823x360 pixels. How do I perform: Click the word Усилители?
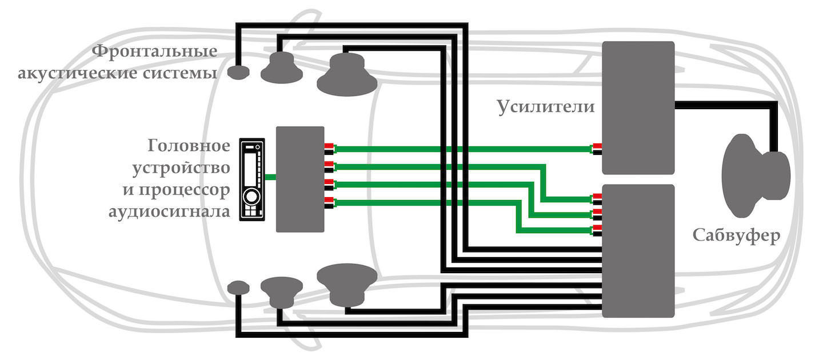click(545, 107)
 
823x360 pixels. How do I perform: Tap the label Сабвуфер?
click(737, 236)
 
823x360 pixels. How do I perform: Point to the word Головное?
click(189, 145)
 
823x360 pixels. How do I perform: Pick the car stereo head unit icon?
click(251, 179)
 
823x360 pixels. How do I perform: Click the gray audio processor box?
click(299, 179)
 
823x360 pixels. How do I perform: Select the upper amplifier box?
click(638, 107)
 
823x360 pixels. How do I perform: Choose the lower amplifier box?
click(638, 251)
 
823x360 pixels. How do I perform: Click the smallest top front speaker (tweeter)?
click(238, 72)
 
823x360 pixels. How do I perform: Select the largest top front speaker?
click(347, 75)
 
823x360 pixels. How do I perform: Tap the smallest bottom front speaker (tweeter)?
click(238, 287)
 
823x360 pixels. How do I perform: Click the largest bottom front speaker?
click(347, 283)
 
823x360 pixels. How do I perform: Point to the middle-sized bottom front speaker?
click(282, 290)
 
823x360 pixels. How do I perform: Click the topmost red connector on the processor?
click(329, 146)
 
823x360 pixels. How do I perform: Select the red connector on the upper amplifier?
click(597, 146)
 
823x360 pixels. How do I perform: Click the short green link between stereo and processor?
click(270, 178)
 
